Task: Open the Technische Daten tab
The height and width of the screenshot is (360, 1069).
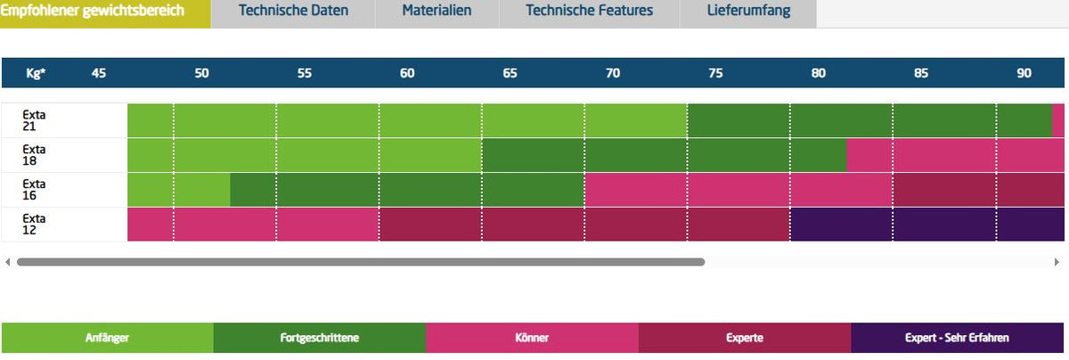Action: tap(293, 11)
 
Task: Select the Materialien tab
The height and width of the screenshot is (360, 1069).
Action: tap(437, 11)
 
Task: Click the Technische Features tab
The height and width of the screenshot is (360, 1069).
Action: tap(589, 11)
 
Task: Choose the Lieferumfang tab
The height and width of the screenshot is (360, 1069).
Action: tap(748, 11)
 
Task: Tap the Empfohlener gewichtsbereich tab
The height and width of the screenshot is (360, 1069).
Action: tap(92, 11)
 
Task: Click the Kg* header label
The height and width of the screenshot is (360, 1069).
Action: tap(36, 73)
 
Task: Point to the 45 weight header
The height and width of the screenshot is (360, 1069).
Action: tap(99, 73)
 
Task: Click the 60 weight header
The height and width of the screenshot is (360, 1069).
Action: tap(407, 73)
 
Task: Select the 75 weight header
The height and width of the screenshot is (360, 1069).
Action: tap(715, 73)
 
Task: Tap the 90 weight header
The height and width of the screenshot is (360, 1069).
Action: tap(1024, 73)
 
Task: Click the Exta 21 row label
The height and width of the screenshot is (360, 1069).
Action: tap(34, 120)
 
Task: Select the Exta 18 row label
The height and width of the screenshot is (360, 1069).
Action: tap(34, 155)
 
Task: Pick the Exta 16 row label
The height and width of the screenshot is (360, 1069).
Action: tap(34, 190)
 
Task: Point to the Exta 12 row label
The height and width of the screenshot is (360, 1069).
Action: tap(34, 224)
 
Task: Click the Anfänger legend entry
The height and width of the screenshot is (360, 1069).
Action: tap(108, 338)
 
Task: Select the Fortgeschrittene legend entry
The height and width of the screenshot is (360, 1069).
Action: tap(320, 338)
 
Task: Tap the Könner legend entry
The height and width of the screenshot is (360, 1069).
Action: tap(532, 338)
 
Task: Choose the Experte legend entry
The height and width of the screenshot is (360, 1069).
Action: tap(745, 338)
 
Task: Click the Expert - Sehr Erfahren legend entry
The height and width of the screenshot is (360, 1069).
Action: tap(957, 338)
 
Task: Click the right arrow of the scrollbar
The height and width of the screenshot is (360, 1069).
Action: tap(1057, 262)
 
